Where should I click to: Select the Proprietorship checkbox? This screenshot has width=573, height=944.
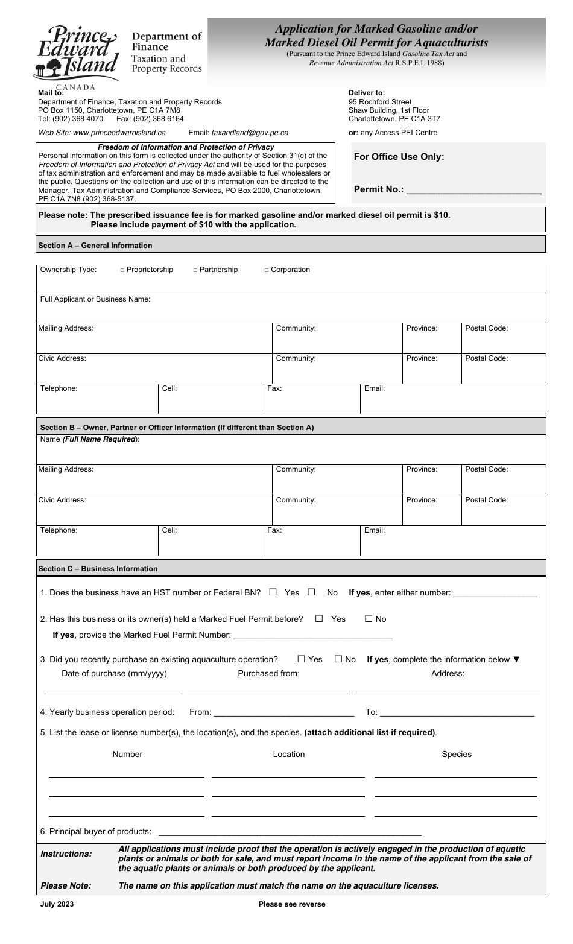122,270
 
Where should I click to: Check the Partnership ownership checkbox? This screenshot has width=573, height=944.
195,270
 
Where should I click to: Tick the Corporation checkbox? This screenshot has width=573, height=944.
267,270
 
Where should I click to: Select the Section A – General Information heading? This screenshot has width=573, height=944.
95,246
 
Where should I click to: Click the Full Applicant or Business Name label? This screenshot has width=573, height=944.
95,299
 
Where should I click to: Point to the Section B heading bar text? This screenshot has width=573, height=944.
177,428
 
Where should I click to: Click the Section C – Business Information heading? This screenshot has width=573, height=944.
98,569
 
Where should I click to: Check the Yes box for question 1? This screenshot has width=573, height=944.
273,592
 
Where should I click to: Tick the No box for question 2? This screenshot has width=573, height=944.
369,619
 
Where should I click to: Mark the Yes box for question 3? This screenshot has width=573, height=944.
302,659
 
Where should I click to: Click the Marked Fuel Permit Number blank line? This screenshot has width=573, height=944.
312,636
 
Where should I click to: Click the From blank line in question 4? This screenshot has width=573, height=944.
284,713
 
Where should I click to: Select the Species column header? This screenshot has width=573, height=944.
457,754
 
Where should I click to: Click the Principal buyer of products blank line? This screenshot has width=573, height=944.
290,832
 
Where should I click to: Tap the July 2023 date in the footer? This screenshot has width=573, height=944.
57,904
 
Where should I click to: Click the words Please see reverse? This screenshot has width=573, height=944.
292,904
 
